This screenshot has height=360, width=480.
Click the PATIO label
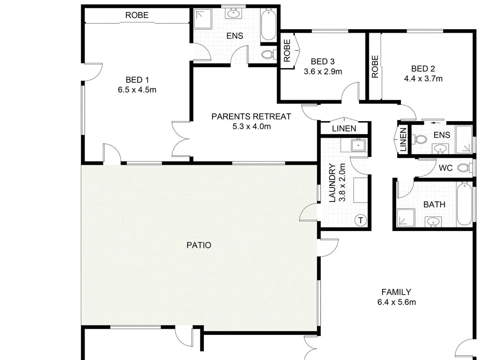click(x=199, y=245)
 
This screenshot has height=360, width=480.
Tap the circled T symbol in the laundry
click(x=360, y=220)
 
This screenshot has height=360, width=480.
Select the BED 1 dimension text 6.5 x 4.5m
click(x=137, y=90)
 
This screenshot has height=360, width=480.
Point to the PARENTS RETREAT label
click(x=251, y=117)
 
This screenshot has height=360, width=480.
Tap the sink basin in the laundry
click(x=358, y=145)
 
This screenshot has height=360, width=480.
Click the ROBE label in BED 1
click(x=137, y=15)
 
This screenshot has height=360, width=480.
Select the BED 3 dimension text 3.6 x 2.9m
click(x=323, y=72)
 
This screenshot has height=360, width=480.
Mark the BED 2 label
click(x=423, y=69)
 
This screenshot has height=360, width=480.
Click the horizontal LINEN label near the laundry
click(x=344, y=129)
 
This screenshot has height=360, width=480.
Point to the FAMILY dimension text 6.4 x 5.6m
click(x=396, y=302)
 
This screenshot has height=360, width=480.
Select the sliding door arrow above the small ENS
click(x=435, y=123)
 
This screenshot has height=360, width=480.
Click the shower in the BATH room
click(x=406, y=218)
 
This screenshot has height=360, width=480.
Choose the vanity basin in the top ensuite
click(x=234, y=14)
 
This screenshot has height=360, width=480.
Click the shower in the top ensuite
click(x=203, y=19)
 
